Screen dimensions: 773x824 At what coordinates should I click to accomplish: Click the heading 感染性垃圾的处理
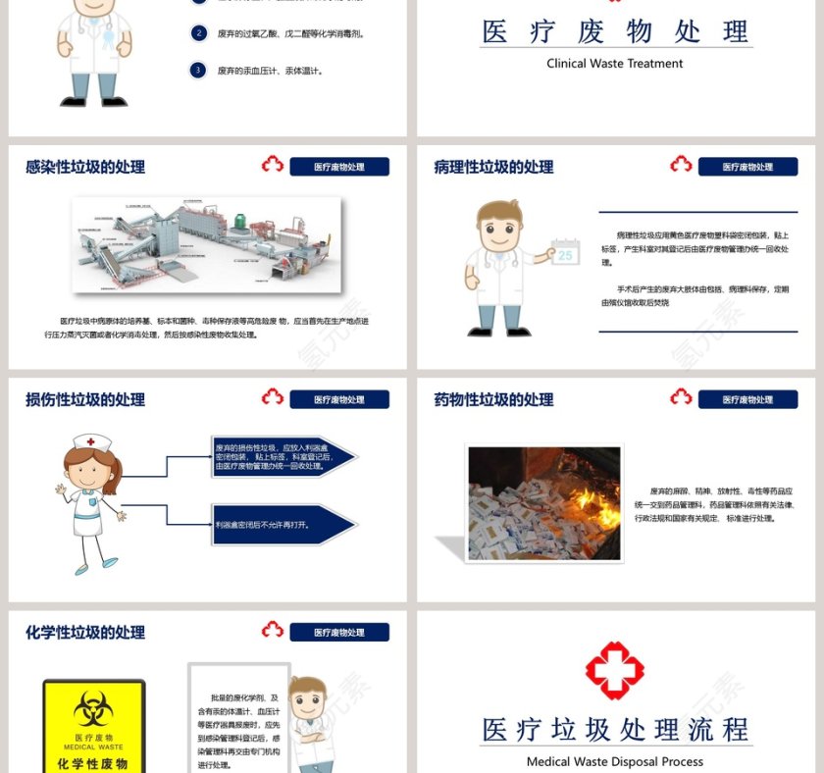click(85, 167)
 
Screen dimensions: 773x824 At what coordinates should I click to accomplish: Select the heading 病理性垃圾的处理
click(493, 167)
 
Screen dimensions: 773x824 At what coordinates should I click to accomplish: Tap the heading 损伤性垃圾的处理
click(85, 399)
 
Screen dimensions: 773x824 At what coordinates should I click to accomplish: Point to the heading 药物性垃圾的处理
click(493, 399)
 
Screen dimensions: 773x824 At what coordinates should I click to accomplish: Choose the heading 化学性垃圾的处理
click(85, 633)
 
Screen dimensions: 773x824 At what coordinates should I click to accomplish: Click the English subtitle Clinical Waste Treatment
click(615, 64)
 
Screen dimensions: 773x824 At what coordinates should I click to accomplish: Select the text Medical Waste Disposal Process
click(615, 761)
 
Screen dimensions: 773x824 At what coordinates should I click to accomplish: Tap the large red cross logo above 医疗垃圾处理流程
click(615, 670)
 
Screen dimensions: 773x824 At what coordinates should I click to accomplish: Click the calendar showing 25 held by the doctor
click(565, 253)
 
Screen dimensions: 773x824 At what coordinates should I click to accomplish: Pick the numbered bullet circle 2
click(199, 33)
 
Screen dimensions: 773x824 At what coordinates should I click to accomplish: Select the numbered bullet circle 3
click(199, 70)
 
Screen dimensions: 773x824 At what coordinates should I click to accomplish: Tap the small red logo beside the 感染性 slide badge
click(273, 165)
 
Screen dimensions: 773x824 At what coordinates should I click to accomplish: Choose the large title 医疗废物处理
click(615, 31)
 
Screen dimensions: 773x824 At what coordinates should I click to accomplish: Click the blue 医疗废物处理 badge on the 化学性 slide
click(339, 633)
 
